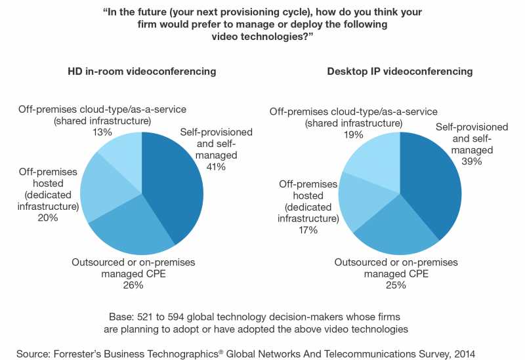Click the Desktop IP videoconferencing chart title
400,71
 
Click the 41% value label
216,167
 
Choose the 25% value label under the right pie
396,285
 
